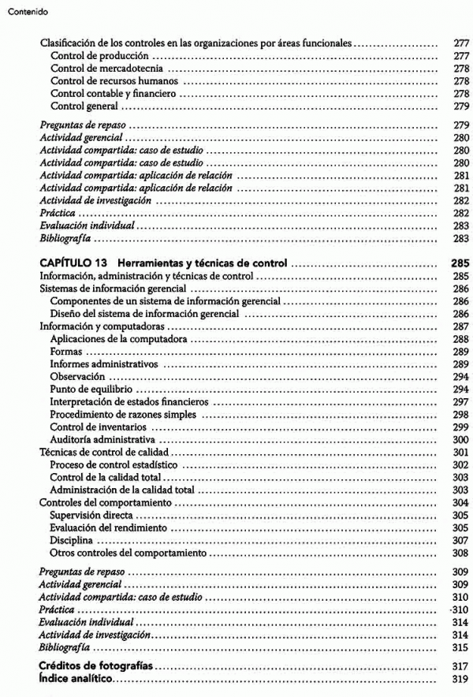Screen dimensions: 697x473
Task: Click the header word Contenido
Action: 26,13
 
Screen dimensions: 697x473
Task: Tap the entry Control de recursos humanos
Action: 114,81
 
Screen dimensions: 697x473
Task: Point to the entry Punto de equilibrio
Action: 91,389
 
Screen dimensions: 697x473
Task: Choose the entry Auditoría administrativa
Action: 102,438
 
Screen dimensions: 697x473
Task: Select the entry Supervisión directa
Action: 88,516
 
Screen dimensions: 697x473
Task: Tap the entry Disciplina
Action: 70,541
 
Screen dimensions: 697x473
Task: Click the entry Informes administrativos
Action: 103,365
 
